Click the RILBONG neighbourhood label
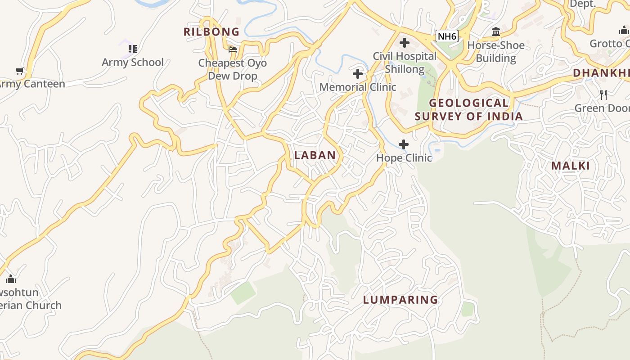[x=211, y=32]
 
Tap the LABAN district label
[x=315, y=155]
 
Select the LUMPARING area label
[x=400, y=300]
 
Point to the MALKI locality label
[x=570, y=166]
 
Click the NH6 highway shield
[x=447, y=36]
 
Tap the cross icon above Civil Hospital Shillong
[x=405, y=43]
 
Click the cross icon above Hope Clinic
[x=404, y=144]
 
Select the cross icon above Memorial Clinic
[x=358, y=74]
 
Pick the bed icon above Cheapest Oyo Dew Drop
[x=233, y=49]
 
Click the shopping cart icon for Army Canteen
[x=20, y=71]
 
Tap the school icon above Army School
[x=132, y=49]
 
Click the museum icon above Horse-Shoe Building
[x=496, y=32]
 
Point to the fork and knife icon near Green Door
[x=603, y=95]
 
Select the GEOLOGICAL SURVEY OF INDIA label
[x=468, y=110]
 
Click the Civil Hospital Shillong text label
[x=405, y=63]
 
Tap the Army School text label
[x=132, y=62]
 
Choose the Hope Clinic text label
[x=404, y=158]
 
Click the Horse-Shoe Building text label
[x=496, y=52]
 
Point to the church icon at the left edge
[x=11, y=279]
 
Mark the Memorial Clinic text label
[x=358, y=87]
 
